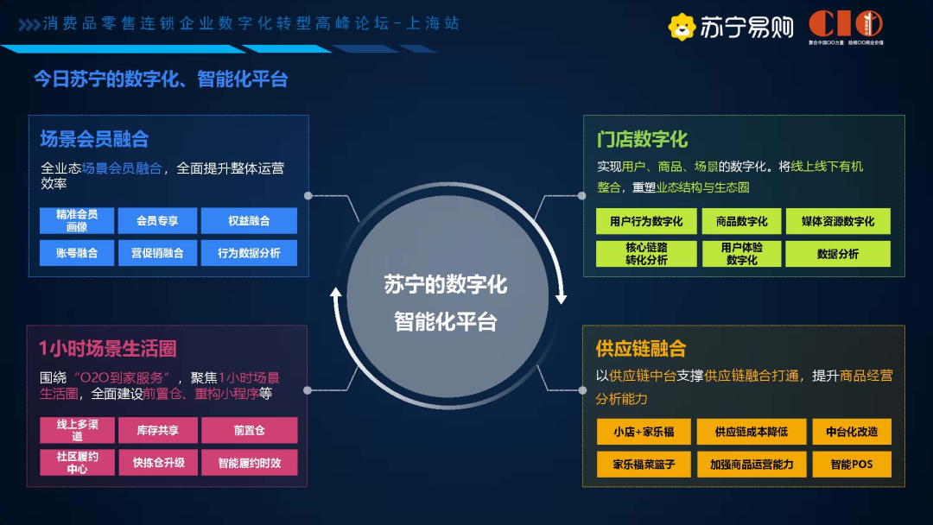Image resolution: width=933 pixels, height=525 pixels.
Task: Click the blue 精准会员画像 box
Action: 77,221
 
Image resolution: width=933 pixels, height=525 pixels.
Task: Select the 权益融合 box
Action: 249,221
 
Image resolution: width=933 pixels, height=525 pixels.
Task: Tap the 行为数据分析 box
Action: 249,253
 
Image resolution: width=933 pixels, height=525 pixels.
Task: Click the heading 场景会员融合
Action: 94,139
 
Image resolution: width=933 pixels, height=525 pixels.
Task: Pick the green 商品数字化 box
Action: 741,222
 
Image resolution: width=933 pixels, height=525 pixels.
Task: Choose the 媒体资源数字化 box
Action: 838,222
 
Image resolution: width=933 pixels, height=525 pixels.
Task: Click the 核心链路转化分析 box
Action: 646,254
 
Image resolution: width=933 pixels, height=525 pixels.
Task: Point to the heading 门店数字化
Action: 642,139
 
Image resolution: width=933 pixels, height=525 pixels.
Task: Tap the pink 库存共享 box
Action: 157,430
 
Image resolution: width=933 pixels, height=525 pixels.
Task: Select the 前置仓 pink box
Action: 249,430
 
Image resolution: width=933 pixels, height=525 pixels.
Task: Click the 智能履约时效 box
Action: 249,463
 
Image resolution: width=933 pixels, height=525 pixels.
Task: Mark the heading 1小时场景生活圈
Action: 108,349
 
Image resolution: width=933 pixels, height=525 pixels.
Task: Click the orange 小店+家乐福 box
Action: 644,432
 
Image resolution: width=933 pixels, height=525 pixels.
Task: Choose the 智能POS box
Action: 851,465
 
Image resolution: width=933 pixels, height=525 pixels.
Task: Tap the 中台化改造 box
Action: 851,432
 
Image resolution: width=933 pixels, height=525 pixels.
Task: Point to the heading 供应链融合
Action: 640,349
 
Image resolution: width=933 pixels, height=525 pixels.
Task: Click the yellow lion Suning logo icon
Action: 682,28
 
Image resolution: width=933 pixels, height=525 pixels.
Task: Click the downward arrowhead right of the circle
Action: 561,298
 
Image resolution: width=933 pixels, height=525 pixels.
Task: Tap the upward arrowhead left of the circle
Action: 337,294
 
